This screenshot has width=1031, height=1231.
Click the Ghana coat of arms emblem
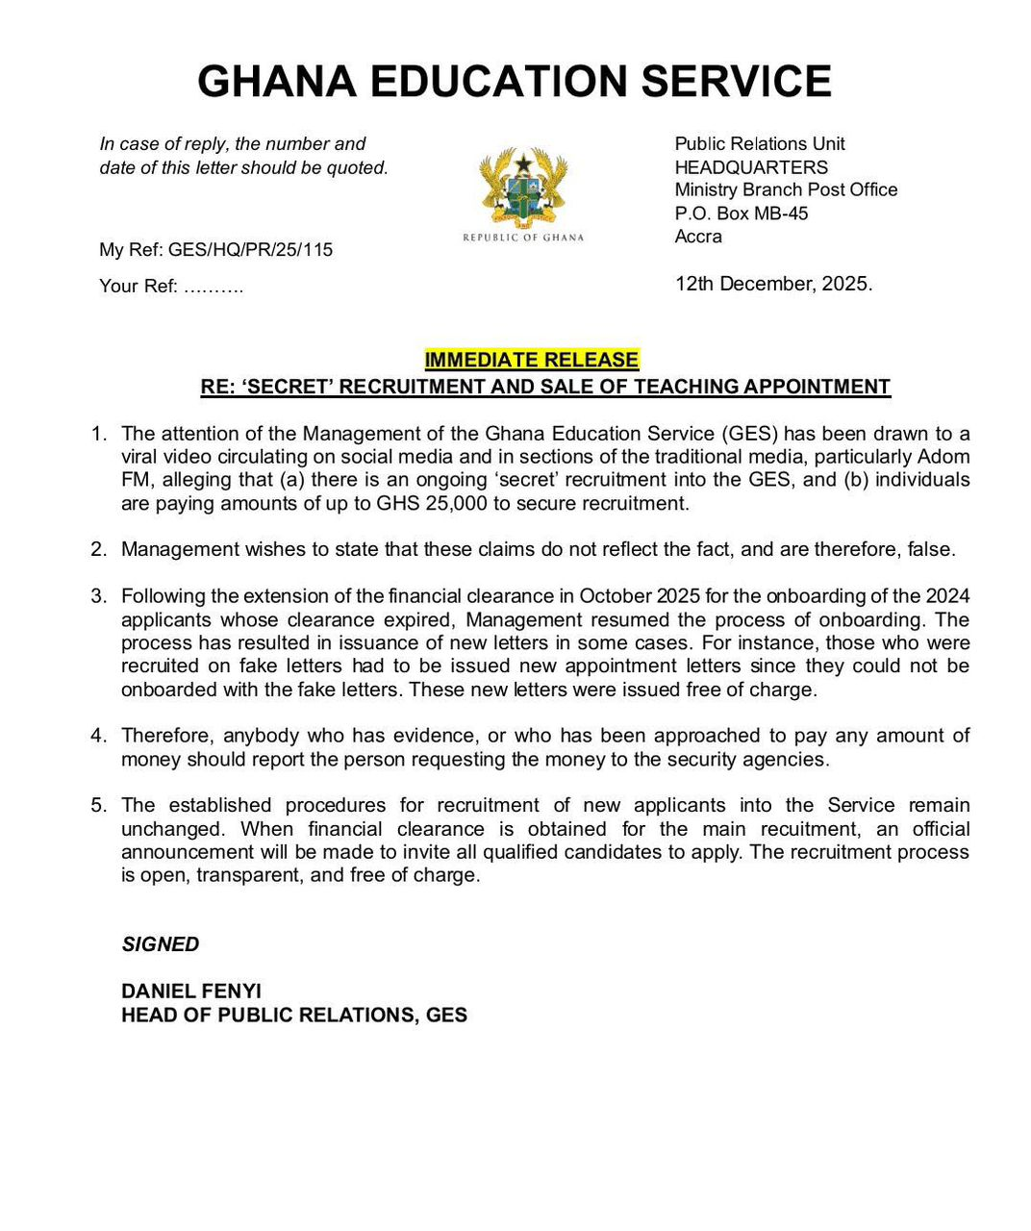click(522, 188)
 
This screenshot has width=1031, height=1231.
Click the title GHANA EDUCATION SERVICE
click(515, 82)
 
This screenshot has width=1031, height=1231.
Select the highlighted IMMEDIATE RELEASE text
click(531, 360)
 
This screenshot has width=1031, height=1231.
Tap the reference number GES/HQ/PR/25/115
click(250, 250)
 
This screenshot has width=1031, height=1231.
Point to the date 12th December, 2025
click(773, 284)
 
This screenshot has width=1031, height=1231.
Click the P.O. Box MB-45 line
click(741, 214)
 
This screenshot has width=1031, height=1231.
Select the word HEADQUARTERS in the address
click(751, 167)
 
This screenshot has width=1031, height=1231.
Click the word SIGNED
click(161, 944)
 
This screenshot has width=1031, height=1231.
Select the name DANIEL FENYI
click(191, 991)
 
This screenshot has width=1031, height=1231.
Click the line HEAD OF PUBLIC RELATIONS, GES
click(294, 1015)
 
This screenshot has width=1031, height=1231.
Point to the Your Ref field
click(171, 287)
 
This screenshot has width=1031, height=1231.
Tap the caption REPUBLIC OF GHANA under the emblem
click(523, 238)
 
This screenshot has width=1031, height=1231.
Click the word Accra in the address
click(698, 237)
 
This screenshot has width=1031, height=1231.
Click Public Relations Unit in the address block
click(760, 144)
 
